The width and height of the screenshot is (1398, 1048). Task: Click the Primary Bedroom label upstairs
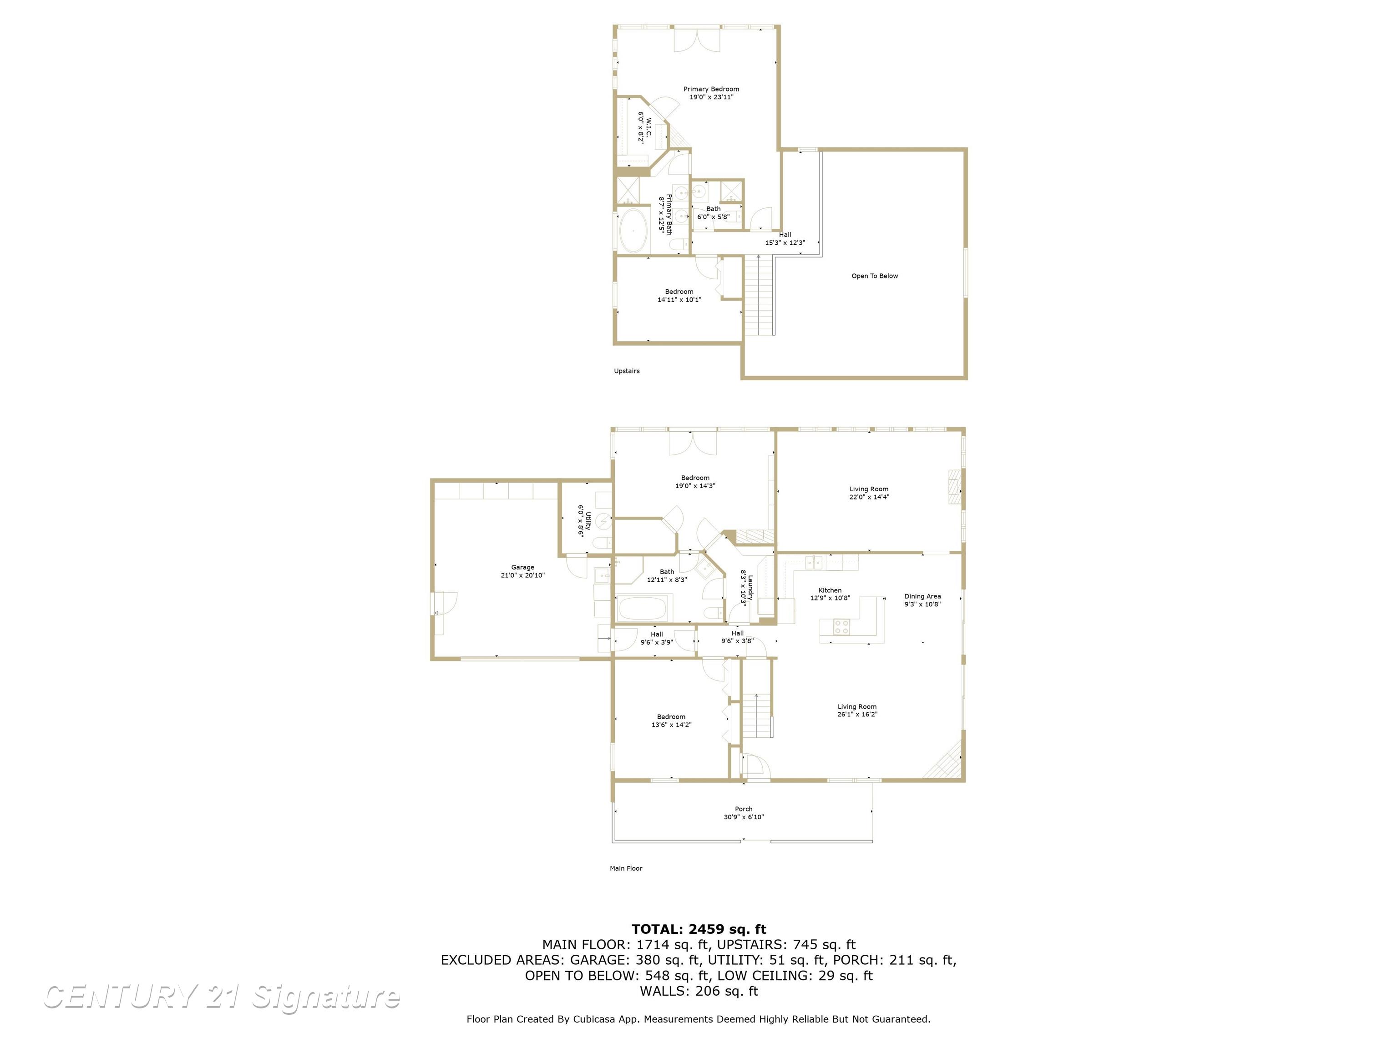(711, 90)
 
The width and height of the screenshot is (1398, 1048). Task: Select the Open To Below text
(874, 276)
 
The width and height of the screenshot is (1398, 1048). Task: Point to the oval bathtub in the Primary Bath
(633, 231)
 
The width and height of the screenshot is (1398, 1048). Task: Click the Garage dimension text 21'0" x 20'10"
(522, 575)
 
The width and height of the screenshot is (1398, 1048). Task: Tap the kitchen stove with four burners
(841, 627)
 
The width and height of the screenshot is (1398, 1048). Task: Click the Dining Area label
(922, 596)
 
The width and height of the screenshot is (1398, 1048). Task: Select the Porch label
(743, 809)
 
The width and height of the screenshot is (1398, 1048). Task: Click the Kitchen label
(830, 590)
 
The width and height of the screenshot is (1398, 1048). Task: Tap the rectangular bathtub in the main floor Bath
(642, 610)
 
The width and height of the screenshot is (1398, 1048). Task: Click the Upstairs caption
(626, 371)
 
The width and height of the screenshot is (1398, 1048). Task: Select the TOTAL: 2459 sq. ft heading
(699, 929)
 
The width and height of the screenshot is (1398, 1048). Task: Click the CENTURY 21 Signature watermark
(221, 997)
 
